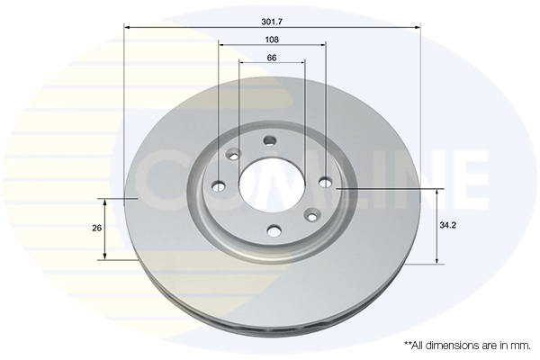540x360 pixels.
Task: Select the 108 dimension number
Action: click(x=272, y=40)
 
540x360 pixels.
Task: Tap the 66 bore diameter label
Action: click(x=272, y=58)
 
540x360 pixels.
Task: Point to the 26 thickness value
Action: click(x=96, y=229)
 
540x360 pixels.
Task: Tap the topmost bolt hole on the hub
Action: click(x=270, y=139)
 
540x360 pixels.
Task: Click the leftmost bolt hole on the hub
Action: click(x=219, y=186)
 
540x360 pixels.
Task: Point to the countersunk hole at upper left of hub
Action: click(x=233, y=155)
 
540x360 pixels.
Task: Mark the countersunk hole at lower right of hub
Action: click(x=311, y=214)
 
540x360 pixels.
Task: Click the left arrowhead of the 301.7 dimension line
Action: click(x=127, y=27)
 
